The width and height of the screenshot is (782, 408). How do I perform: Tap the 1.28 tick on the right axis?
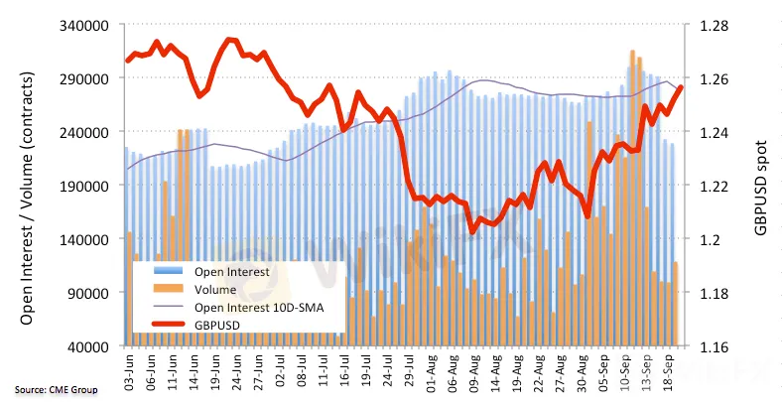pos(716,25)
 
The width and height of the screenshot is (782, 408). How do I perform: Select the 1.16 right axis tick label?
pos(716,346)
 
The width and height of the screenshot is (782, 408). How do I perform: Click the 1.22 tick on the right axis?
pos(716,186)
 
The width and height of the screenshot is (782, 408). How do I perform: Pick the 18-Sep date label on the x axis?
pos(669,371)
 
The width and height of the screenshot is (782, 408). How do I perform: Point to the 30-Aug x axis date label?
pos(579,371)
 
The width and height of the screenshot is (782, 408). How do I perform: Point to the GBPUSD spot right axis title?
pos(762,186)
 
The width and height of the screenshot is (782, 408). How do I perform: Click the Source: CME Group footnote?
pos(57,389)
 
